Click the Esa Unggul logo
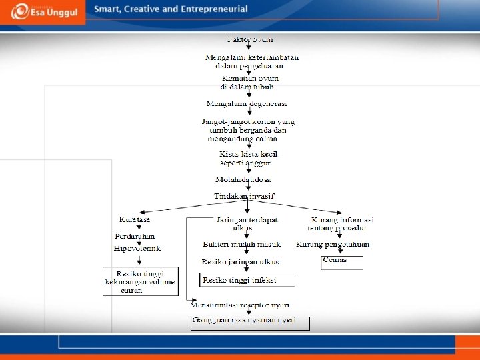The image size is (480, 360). tap(43, 12)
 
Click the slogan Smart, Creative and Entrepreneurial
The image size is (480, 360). tap(171, 9)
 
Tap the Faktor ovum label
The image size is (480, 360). tap(250, 40)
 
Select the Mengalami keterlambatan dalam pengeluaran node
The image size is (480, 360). tap(251, 61)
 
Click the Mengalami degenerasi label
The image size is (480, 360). tap(247, 103)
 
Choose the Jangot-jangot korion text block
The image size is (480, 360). tap(247, 130)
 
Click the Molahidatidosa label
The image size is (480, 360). tap(243, 180)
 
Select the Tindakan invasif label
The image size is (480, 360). tap(244, 196)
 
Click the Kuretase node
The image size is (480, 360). tap(135, 219)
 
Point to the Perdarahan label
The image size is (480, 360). tap(135, 236)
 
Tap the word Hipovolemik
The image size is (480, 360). tap(137, 248)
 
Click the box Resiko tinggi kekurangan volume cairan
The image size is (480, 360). tap(141, 281)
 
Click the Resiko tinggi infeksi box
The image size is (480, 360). tap(239, 280)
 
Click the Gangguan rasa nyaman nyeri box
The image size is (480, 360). tap(250, 322)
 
